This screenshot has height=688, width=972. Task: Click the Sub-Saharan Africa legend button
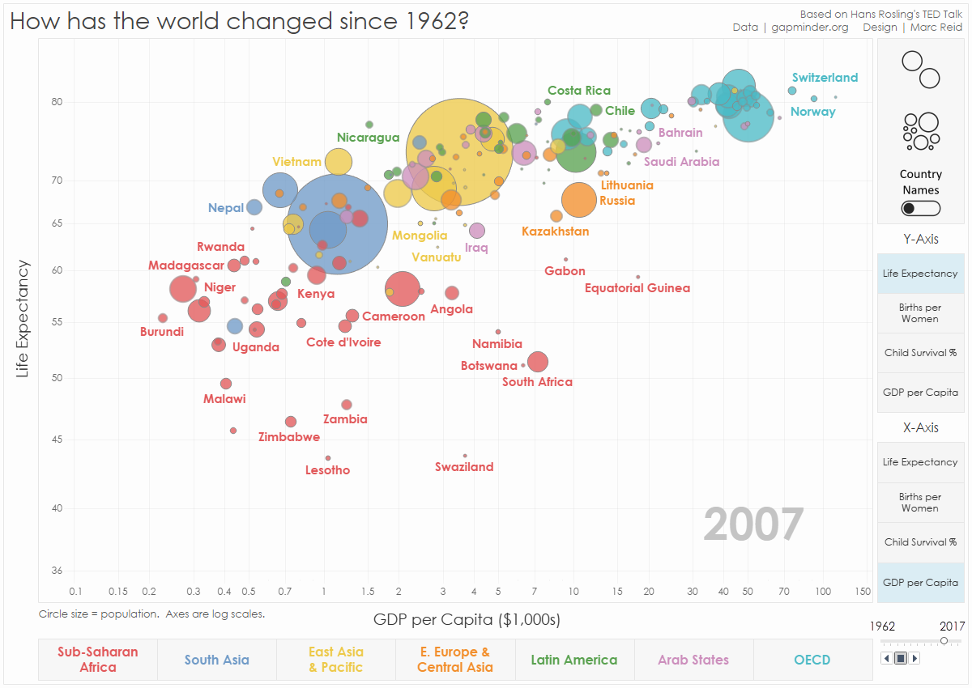98,660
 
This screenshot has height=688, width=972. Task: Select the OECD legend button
812,660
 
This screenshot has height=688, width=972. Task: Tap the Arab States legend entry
693,660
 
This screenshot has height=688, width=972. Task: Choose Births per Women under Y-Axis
920,313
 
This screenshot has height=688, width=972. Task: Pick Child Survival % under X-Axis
920,542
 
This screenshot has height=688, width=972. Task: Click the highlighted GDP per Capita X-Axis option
920,583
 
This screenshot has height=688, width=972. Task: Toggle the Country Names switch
920,208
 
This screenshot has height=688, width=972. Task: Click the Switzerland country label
825,78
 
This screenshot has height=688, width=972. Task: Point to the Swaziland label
464,467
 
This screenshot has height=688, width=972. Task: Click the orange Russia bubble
578,200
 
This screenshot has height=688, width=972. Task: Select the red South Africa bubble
537,362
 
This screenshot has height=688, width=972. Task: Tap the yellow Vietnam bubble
339,163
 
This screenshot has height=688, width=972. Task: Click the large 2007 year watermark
753,524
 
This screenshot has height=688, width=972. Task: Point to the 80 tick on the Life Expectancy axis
58,102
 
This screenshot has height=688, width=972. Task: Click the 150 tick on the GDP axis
862,592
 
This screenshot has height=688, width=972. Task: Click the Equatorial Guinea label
637,288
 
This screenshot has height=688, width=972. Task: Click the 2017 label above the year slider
952,626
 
